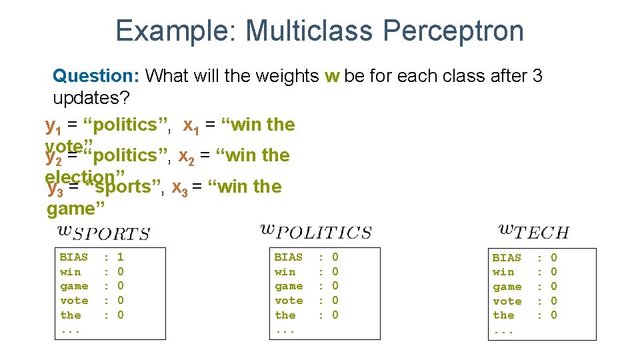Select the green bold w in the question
332,76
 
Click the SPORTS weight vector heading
103,232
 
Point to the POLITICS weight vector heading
315,232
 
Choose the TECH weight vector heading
533,232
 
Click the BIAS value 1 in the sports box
121,257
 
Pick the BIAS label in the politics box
288,257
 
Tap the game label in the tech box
507,287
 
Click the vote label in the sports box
73,301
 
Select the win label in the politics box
284,271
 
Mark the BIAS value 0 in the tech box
553,257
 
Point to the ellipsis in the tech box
503,331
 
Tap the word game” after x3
76,209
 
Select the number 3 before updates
537,76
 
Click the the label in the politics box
285,315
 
